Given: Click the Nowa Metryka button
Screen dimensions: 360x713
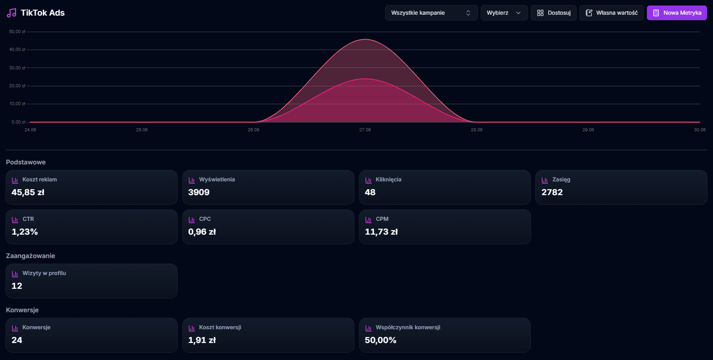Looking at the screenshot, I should click(x=677, y=13).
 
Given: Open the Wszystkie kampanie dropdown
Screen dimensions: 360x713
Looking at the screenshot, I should click(x=431, y=13).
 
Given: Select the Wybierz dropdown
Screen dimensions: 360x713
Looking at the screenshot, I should click(x=504, y=13).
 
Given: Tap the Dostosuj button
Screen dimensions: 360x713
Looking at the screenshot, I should click(x=553, y=13).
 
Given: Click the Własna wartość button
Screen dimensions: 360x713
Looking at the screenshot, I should click(x=611, y=13).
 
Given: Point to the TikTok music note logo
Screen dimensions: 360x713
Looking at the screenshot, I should click(x=11, y=13).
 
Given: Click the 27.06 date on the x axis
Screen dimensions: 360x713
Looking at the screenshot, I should click(x=365, y=130).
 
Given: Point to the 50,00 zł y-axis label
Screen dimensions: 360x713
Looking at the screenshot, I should click(x=17, y=32).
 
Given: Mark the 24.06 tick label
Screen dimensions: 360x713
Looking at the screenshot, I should click(x=30, y=130).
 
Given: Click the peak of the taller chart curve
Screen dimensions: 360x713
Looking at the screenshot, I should click(x=365, y=39).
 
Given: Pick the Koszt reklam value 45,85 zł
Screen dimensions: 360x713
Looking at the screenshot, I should click(x=28, y=192).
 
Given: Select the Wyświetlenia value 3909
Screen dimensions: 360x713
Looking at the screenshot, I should click(x=199, y=192).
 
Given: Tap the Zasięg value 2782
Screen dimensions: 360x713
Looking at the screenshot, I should click(x=552, y=192).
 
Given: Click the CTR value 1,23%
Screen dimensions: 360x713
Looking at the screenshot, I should click(x=25, y=232).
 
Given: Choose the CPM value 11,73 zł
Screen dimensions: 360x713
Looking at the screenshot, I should click(x=381, y=232).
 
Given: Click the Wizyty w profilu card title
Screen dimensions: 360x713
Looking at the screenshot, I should click(x=44, y=273).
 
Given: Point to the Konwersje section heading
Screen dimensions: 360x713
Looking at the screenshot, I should click(x=22, y=310).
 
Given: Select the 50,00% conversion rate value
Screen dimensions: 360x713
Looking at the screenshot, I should click(x=381, y=340).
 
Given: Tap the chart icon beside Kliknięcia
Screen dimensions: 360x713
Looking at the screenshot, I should click(x=368, y=180).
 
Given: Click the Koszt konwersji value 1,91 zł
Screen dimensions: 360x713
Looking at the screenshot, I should click(x=202, y=340).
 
